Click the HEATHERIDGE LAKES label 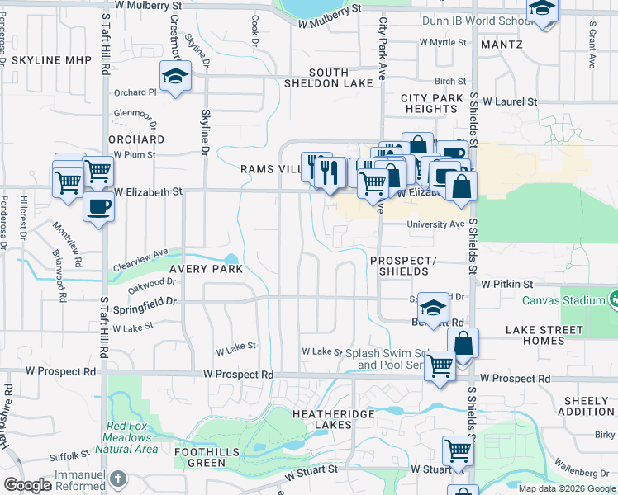click(x=333, y=418)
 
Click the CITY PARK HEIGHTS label click(x=432, y=103)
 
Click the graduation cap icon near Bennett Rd click(x=432, y=309)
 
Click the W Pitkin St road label click(x=508, y=284)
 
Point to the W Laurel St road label click(x=510, y=101)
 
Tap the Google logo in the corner click(x=27, y=485)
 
